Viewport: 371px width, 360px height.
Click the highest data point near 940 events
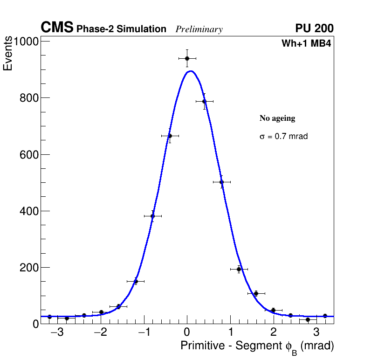pyautogui.click(x=187, y=58)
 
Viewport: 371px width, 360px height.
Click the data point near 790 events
pyautogui.click(x=204, y=101)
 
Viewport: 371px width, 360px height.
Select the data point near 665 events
pyautogui.click(x=170, y=136)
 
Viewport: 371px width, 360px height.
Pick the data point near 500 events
pyautogui.click(x=221, y=182)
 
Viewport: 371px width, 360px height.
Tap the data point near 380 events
pyautogui.click(x=152, y=216)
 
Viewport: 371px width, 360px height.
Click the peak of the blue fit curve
pyautogui.click(x=190, y=71)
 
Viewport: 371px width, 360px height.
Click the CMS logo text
pyautogui.click(x=57, y=28)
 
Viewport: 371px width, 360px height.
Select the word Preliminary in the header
pyautogui.click(x=199, y=29)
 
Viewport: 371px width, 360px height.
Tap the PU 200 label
pyautogui.click(x=314, y=28)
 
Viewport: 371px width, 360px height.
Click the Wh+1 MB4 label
pyautogui.click(x=306, y=44)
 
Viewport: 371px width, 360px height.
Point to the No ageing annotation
pyautogui.click(x=277, y=118)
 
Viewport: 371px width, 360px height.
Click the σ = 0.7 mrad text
pyautogui.click(x=283, y=137)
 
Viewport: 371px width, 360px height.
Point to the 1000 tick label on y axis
pyautogui.click(x=26, y=42)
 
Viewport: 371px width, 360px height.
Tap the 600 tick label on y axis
pyautogui.click(x=29, y=155)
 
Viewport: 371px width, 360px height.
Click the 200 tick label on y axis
pyautogui.click(x=29, y=268)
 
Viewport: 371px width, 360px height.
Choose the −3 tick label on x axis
pyautogui.click(x=57, y=332)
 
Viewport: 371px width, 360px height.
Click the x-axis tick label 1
pyautogui.click(x=230, y=332)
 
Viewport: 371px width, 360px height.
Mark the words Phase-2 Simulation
pyautogui.click(x=121, y=29)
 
